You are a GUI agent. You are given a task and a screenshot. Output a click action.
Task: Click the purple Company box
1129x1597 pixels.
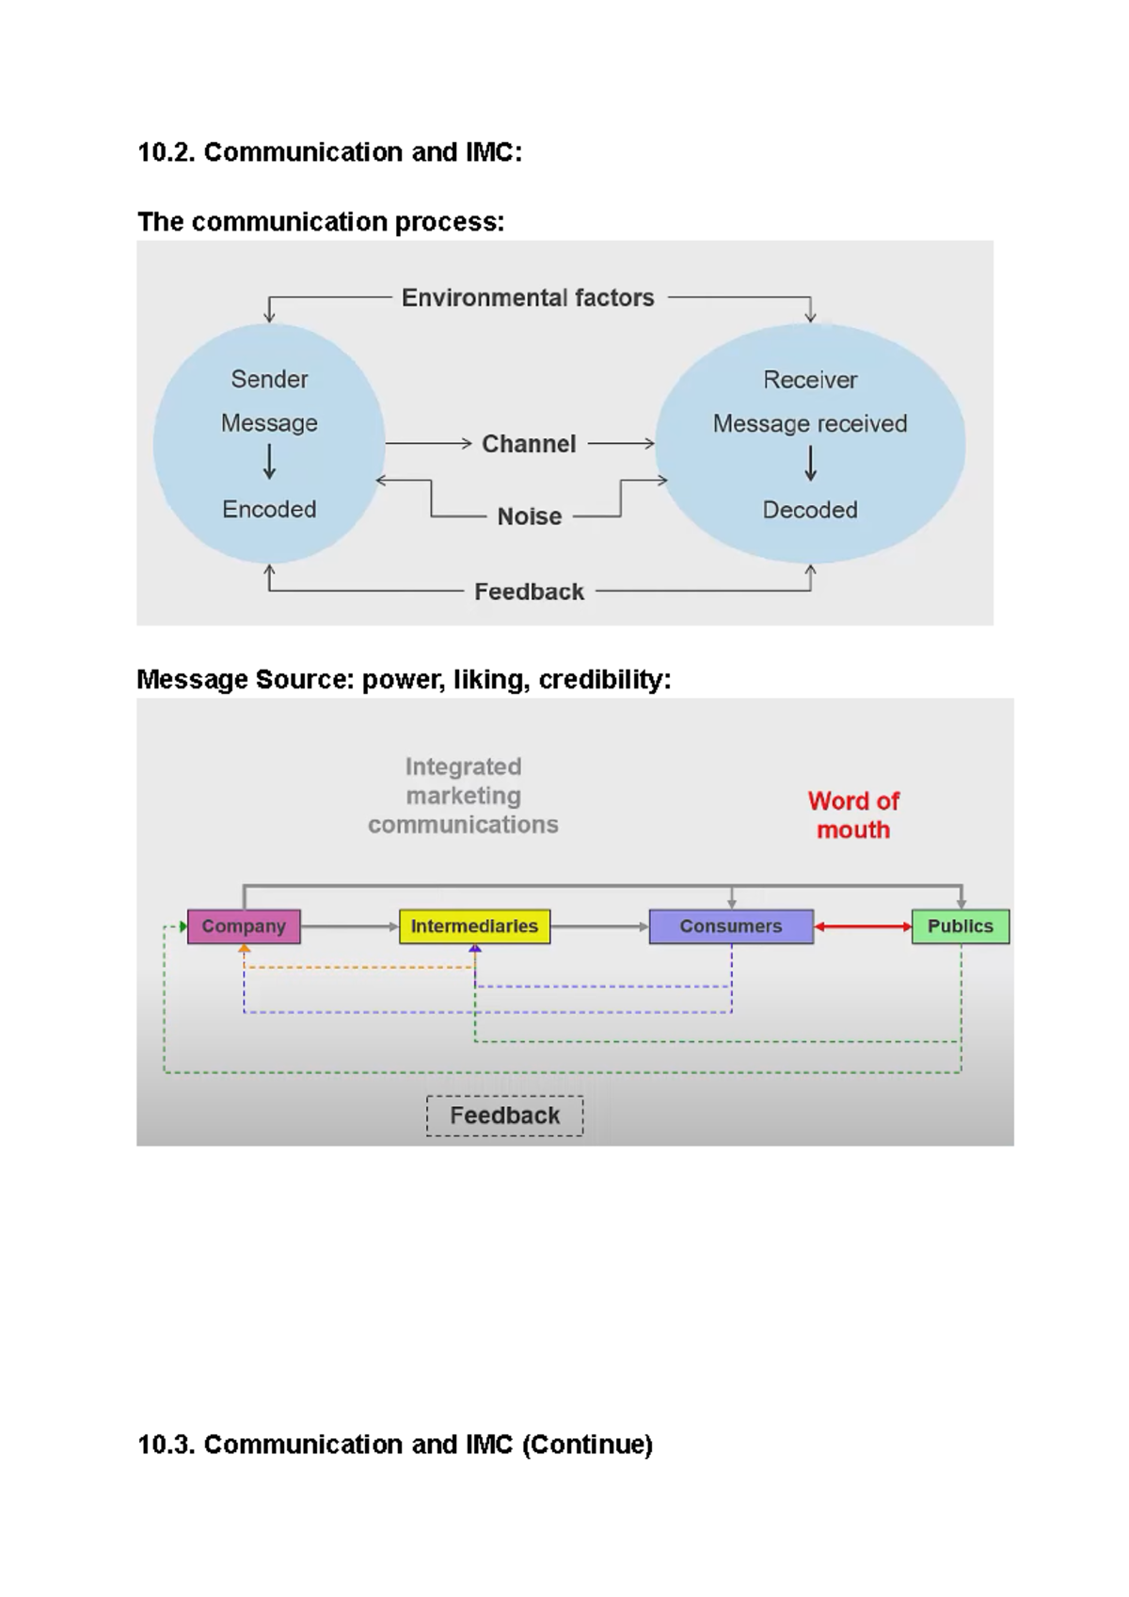(244, 926)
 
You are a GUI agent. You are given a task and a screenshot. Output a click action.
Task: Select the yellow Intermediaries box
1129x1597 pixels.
(474, 926)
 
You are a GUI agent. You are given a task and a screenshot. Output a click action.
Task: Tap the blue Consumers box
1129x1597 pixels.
(731, 926)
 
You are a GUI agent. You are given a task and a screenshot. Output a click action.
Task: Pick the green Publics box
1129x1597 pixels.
(960, 926)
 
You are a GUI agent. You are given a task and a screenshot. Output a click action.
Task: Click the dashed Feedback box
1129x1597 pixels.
(504, 1115)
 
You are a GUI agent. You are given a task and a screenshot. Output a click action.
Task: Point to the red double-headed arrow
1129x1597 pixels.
(863, 926)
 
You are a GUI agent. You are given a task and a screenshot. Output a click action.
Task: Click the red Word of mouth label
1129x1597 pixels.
(853, 815)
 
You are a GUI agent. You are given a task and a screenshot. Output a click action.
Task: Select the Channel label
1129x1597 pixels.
(529, 444)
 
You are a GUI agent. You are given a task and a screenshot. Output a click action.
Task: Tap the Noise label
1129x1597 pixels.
(529, 516)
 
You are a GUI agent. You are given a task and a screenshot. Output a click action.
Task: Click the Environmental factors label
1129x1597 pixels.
(528, 298)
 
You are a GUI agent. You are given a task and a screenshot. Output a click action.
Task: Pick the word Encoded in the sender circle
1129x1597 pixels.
(269, 509)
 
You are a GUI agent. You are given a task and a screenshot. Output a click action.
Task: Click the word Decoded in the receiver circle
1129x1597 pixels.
(810, 510)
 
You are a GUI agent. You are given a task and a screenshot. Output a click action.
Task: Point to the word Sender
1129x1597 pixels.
(269, 379)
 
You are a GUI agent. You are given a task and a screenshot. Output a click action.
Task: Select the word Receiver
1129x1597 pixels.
(810, 380)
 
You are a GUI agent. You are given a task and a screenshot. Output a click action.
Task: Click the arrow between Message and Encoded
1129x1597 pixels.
(269, 462)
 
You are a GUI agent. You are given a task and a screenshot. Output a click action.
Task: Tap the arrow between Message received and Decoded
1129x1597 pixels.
(810, 463)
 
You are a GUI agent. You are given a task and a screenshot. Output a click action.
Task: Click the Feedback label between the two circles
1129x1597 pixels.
(529, 592)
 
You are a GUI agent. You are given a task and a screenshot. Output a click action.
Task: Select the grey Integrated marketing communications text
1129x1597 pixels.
(463, 796)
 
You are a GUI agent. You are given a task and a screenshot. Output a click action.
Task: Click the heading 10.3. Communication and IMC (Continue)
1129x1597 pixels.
(395, 1445)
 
